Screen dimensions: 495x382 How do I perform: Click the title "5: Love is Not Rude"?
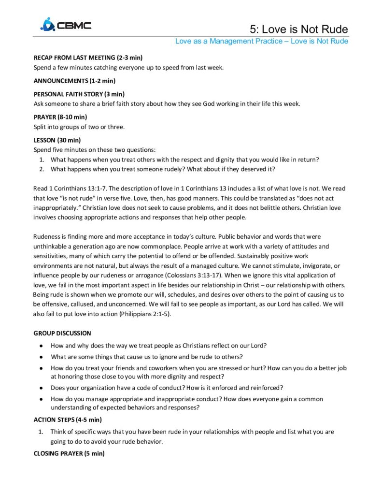tap(299, 29)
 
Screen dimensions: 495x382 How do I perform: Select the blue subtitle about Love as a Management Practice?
tap(261, 41)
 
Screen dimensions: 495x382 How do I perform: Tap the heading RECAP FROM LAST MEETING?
tap(87, 58)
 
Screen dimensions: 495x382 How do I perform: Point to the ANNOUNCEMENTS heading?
tap(74, 81)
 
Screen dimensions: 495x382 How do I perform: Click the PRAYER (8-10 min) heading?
tap(60, 117)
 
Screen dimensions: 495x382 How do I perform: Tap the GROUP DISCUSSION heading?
tap(62, 333)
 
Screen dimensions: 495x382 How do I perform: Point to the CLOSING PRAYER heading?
tap(69, 453)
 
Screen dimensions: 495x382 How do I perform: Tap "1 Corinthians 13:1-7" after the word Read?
tap(77, 189)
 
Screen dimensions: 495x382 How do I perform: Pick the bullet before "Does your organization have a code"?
tap(42, 388)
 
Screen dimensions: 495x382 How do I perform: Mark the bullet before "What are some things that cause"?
tap(42, 357)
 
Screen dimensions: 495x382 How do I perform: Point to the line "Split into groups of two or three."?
tap(79, 127)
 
